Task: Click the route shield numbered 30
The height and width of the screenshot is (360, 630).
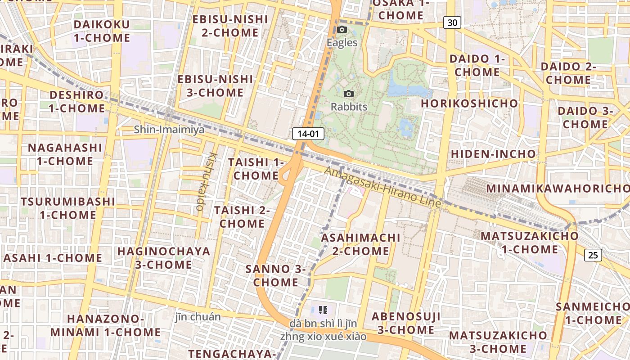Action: [x=452, y=22]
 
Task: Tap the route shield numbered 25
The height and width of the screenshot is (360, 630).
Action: [x=593, y=255]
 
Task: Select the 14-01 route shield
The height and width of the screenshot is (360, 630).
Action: [x=308, y=133]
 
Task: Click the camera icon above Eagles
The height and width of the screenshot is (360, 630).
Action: [x=342, y=30]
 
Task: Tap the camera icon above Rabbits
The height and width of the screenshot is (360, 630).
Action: [x=349, y=94]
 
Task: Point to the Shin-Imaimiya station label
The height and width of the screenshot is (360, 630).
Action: [x=169, y=130]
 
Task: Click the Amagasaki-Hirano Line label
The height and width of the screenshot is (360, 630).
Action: [x=382, y=187]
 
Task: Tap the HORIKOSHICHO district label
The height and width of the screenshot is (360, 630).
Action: [x=469, y=103]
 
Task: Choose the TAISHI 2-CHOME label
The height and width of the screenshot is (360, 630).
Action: [x=242, y=217]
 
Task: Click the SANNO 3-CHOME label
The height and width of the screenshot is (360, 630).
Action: [x=275, y=276]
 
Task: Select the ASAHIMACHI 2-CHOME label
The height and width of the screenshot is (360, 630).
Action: [x=360, y=244]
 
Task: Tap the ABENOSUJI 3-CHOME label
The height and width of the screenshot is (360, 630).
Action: [x=406, y=323]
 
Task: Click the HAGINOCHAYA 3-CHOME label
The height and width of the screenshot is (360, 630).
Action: [x=164, y=258]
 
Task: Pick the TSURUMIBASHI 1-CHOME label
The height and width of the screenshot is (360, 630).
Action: [x=68, y=208]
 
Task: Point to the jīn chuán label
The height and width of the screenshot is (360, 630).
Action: [x=198, y=317]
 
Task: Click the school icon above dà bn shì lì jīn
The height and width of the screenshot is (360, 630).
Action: [x=323, y=310]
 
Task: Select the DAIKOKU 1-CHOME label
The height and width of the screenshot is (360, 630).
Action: [x=101, y=31]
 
